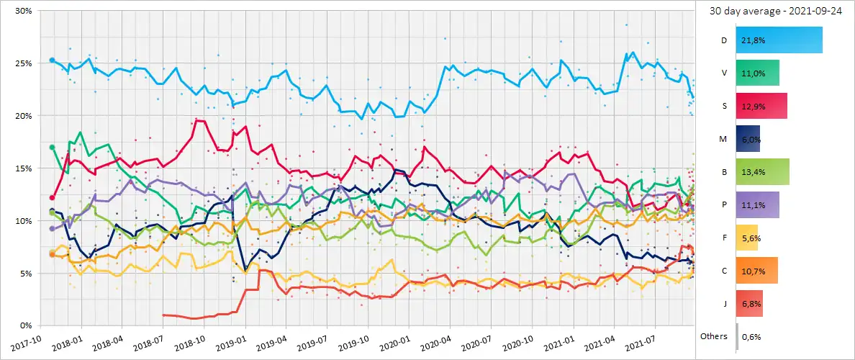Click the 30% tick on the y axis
(x=21, y=12)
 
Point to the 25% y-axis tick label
(x=21, y=63)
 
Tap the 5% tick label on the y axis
(x=23, y=274)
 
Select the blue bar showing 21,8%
(x=779, y=40)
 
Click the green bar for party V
(x=758, y=73)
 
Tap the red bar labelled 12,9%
(x=761, y=106)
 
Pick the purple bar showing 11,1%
(x=758, y=204)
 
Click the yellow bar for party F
(x=747, y=238)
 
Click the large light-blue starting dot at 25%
(x=52, y=60)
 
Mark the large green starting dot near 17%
(x=52, y=148)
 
